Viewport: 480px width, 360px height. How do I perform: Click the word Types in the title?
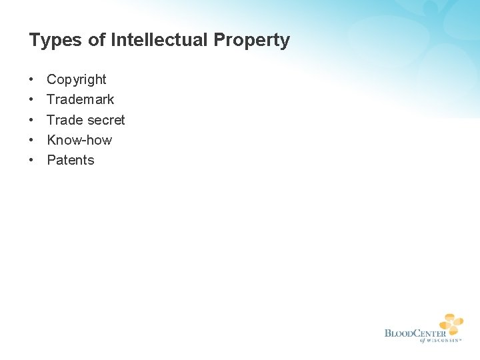coord(56,41)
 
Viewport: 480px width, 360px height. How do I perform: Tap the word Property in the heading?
coord(251,41)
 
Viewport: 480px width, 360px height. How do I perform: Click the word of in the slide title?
coord(97,40)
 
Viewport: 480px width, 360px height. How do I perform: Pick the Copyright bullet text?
coord(77,80)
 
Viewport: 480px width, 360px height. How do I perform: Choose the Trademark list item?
coord(81,99)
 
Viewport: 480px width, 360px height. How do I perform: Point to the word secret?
coord(106,120)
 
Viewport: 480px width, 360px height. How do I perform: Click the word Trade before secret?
coord(65,120)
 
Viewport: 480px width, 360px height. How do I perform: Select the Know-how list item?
coord(79,140)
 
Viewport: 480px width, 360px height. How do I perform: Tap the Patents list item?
coord(71,160)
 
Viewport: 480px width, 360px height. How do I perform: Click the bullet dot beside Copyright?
coord(32,80)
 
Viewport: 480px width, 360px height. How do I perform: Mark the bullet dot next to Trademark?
coord(32,100)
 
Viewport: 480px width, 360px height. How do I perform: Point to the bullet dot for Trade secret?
coord(32,120)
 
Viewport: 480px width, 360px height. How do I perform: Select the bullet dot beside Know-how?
coord(32,140)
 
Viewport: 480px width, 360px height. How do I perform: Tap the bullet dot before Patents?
coord(32,160)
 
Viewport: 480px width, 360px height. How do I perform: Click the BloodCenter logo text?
coord(415,333)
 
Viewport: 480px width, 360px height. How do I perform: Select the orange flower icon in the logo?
coord(451,323)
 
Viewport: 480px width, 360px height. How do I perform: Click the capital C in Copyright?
coord(51,80)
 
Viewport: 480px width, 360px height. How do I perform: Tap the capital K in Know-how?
coord(51,140)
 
